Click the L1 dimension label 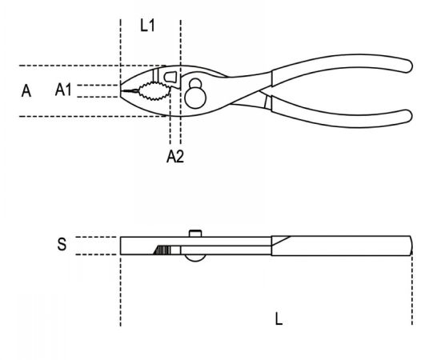pyautogui.click(x=147, y=26)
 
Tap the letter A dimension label pyautogui.click(x=26, y=91)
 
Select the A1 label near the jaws pyautogui.click(x=63, y=90)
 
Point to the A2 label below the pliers pyautogui.click(x=175, y=157)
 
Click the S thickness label pyautogui.click(x=62, y=244)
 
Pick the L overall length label pyautogui.click(x=279, y=319)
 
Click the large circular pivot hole pyautogui.click(x=195, y=98)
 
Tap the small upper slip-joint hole pyautogui.click(x=196, y=83)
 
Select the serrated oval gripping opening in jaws pyautogui.click(x=154, y=91)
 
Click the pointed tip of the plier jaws pyautogui.click(x=121, y=90)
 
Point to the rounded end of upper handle pyautogui.click(x=410, y=66)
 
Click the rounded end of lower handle pyautogui.click(x=410, y=116)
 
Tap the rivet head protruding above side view pyautogui.click(x=195, y=234)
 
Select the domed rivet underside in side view pyautogui.click(x=195, y=258)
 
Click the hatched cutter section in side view pyautogui.click(x=162, y=250)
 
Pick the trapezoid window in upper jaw pyautogui.click(x=170, y=77)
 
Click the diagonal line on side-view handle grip pyautogui.click(x=281, y=241)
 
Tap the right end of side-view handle pyautogui.click(x=411, y=246)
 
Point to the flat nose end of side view pyautogui.click(x=121, y=246)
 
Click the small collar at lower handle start pyautogui.click(x=267, y=102)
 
